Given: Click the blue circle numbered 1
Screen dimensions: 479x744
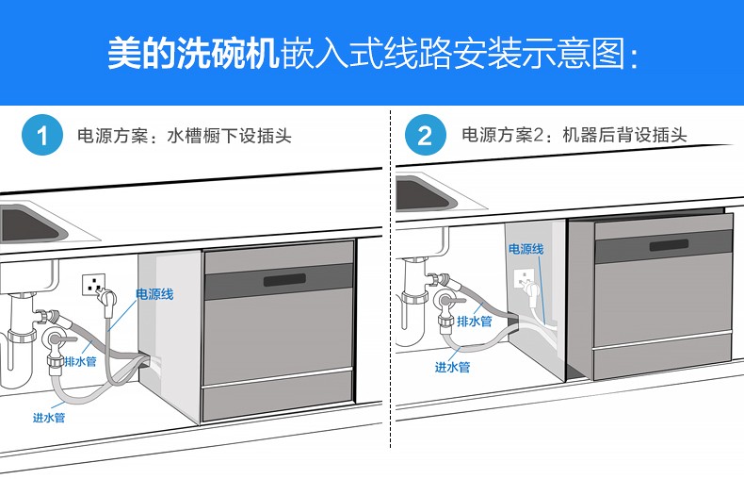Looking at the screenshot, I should point(41,136).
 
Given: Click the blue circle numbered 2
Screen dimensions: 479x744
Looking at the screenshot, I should point(425,136).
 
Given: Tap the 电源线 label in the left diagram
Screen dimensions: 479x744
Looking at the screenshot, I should point(155,295).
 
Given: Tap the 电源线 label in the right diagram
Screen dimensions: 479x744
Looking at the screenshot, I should point(526,249).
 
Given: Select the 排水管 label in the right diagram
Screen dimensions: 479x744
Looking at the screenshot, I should point(475,322).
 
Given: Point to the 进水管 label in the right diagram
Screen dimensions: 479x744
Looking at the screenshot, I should point(452,368).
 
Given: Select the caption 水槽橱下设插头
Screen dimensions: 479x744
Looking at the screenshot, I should point(229,136).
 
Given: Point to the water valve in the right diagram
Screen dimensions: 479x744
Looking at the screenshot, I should point(445,302).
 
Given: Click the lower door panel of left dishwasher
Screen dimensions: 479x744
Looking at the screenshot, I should point(279,404).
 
